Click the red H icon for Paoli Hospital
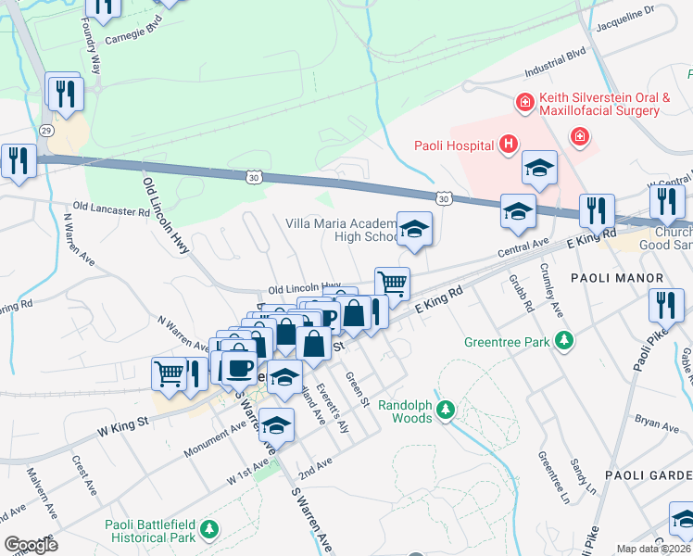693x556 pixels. [x=508, y=144]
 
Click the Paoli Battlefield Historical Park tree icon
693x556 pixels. [x=210, y=529]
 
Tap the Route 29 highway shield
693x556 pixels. [x=45, y=133]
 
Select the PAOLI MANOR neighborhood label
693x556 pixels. [x=616, y=278]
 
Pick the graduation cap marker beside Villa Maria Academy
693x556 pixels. [x=414, y=229]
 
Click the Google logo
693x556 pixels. [x=31, y=545]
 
